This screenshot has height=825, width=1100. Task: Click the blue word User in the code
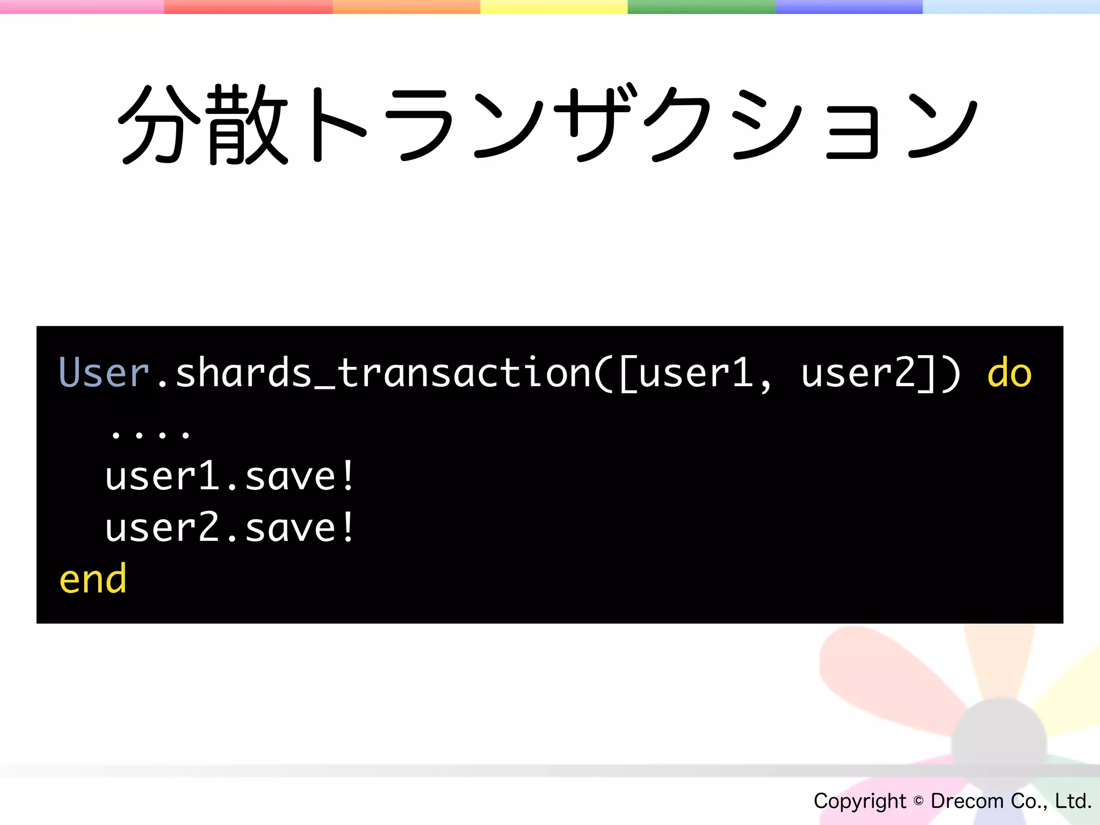[103, 372]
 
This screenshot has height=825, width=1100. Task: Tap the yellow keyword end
[93, 580]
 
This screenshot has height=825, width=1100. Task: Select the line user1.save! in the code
[229, 476]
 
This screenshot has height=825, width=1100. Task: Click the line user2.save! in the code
[229, 528]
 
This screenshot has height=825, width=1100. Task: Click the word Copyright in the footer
[859, 801]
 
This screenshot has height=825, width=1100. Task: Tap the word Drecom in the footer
[967, 801]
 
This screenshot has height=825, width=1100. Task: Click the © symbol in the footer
[918, 801]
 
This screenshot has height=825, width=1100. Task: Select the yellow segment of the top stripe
[553, 6]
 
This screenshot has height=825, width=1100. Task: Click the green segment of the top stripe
[701, 6]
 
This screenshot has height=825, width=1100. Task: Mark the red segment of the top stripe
[248, 6]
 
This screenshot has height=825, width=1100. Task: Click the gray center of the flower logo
[999, 744]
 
